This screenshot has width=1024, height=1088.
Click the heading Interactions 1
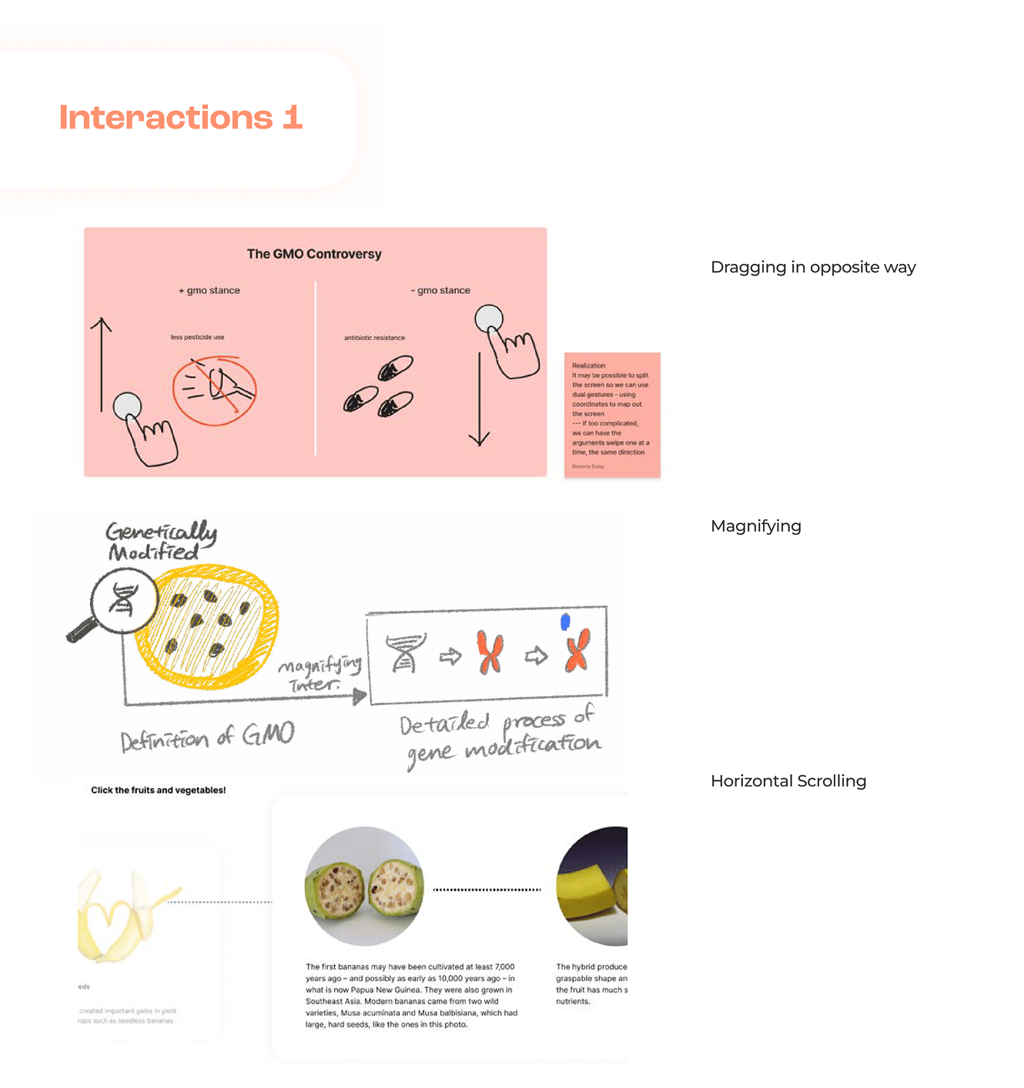pos(181,118)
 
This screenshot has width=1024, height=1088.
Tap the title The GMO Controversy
pos(314,254)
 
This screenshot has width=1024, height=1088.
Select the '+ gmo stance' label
pos(209,291)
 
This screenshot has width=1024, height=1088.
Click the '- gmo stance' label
pos(440,291)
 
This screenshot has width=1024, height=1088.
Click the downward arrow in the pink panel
pos(480,400)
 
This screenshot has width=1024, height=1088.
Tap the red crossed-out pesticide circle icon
pos(214,390)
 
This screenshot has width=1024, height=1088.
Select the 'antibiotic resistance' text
pos(374,338)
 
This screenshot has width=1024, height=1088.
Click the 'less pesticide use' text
pos(197,337)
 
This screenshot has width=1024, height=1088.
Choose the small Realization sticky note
pos(612,415)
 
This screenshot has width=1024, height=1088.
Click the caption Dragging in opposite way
pos(813,267)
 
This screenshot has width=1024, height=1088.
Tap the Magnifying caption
pos(755,526)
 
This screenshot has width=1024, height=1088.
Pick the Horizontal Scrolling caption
pos(788,781)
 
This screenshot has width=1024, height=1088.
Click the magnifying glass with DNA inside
pos(122,601)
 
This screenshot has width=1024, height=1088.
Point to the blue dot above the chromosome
pos(565,622)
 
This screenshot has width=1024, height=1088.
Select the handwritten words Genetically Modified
pos(161,541)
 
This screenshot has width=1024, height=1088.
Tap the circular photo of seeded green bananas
pos(364,886)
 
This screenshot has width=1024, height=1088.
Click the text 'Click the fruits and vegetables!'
pos(159,790)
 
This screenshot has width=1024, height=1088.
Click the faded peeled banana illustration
pos(127,916)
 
